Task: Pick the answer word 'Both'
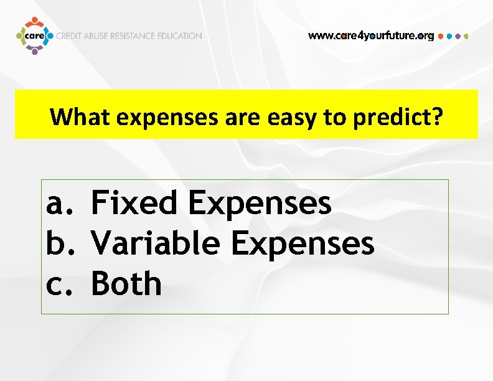[x=126, y=284]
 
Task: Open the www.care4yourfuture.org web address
[x=371, y=36]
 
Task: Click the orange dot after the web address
[x=441, y=36]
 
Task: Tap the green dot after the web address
[x=466, y=36]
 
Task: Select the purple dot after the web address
[x=458, y=36]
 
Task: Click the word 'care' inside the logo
[x=34, y=36]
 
